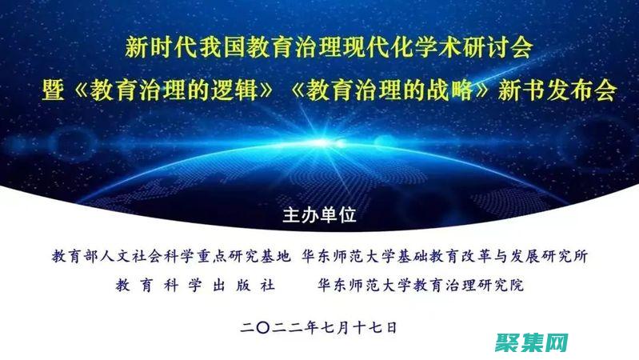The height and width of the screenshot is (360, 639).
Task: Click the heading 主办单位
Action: [319, 216]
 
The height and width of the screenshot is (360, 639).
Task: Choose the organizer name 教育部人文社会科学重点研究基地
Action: [170, 258]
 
